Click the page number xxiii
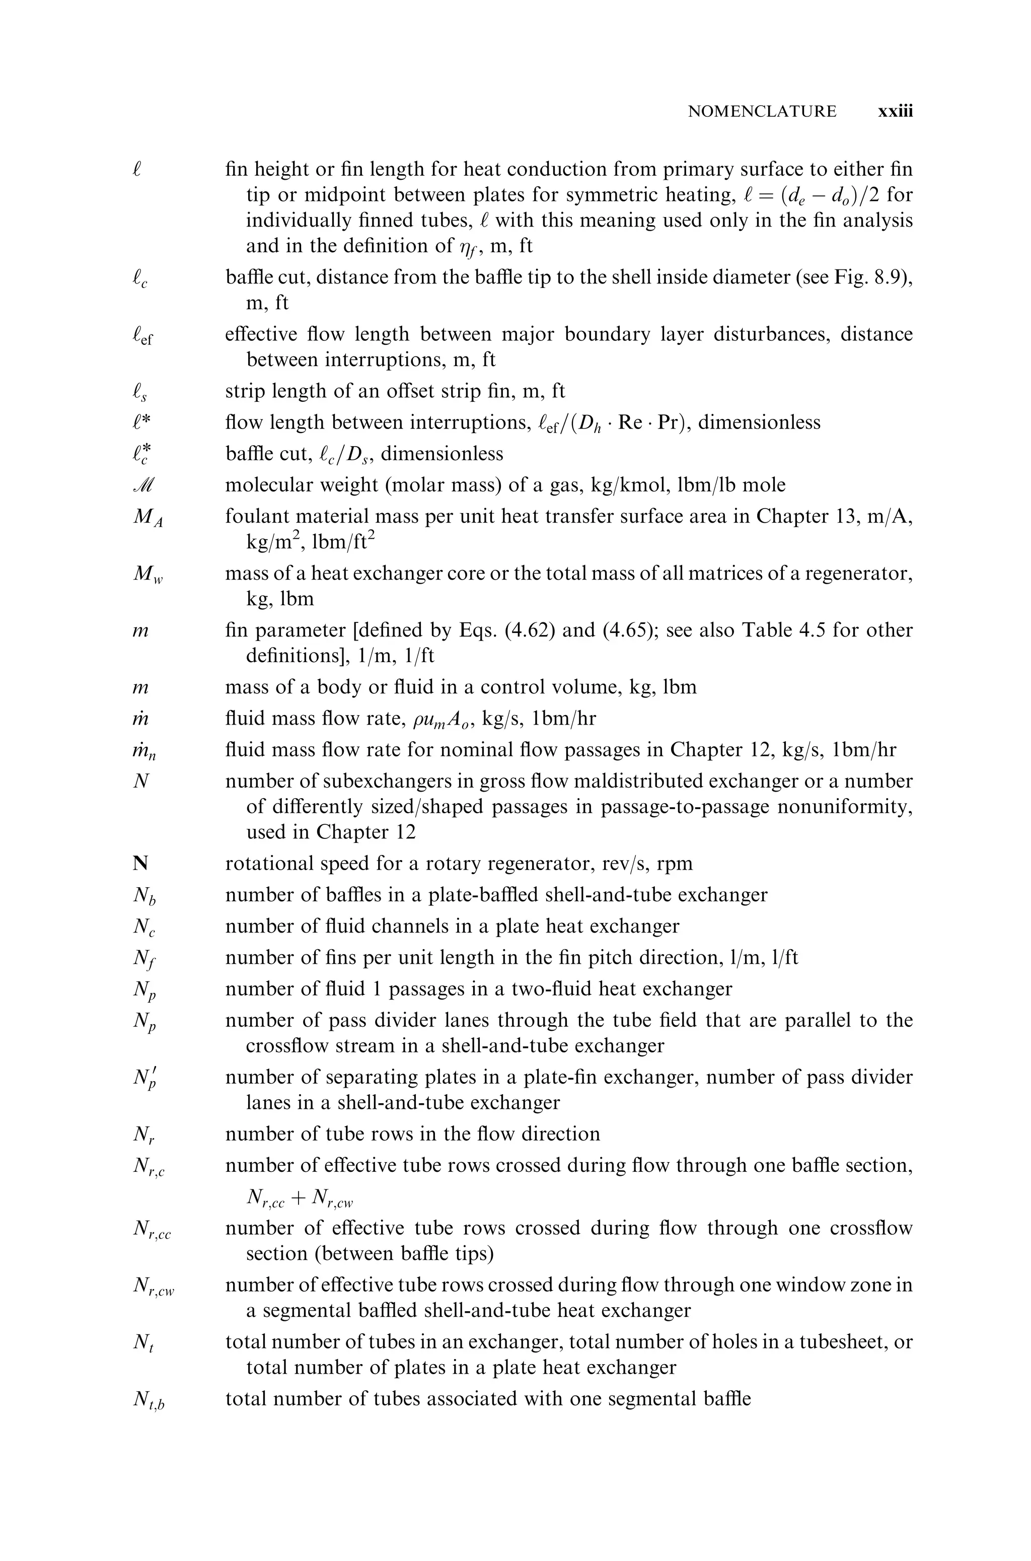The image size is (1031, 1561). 896,112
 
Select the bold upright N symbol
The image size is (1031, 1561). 140,864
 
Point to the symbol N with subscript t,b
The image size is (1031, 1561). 148,1400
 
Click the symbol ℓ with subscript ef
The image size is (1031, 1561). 142,337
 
